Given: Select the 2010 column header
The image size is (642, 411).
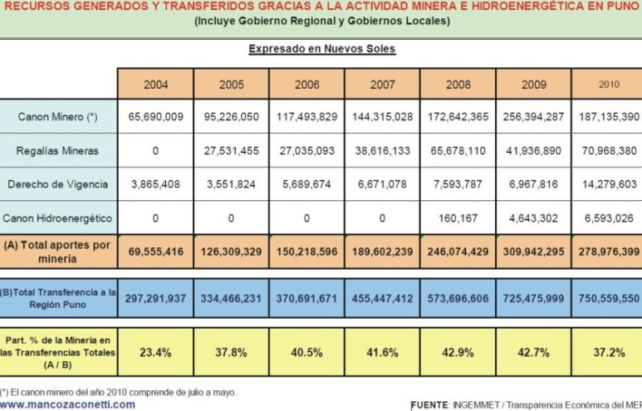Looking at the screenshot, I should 610,84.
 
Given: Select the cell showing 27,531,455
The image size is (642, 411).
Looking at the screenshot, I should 232,151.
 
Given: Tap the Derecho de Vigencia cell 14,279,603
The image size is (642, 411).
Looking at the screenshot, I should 610,185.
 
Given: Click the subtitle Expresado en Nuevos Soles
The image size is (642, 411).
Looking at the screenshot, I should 321,49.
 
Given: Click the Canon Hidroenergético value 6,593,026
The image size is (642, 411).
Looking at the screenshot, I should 610,219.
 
